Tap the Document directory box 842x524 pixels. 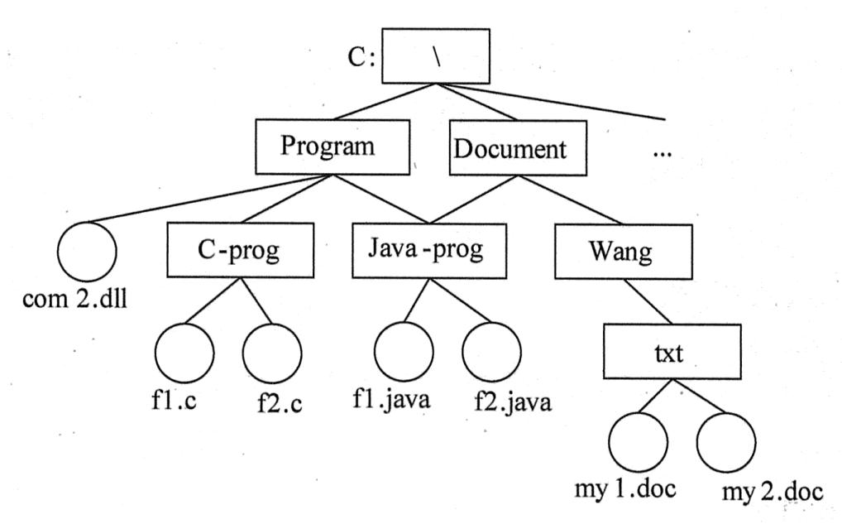click(x=510, y=149)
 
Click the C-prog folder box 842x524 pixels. click(x=239, y=250)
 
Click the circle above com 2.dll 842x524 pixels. click(x=86, y=250)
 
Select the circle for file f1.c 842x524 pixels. click(x=184, y=351)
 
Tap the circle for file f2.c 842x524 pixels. click(x=271, y=351)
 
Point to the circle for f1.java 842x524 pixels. click(x=403, y=351)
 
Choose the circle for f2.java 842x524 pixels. click(x=491, y=351)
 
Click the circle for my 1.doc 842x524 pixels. click(x=639, y=443)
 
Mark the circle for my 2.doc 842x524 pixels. click(x=726, y=443)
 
